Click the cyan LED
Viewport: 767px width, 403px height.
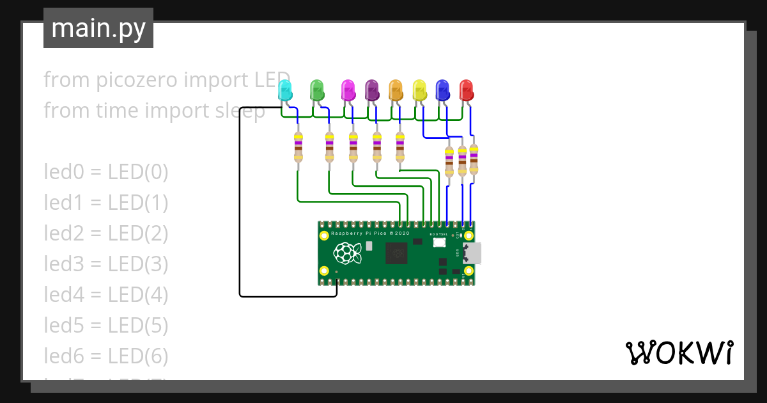click(x=285, y=90)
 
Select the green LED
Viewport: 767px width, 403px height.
click(x=316, y=90)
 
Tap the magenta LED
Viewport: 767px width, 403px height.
click(x=348, y=90)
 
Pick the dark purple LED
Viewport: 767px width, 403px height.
click(x=371, y=90)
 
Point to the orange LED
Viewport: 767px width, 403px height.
click(x=396, y=90)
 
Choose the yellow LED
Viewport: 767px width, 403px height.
click(x=419, y=90)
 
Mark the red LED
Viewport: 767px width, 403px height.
click(x=466, y=90)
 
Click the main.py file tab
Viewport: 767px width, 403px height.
click(x=98, y=28)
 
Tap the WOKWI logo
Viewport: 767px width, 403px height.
click(x=679, y=352)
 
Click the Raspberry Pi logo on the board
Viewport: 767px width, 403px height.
click(x=345, y=254)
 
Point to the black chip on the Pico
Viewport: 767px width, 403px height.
click(x=397, y=253)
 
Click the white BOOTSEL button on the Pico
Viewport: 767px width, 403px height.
click(x=439, y=244)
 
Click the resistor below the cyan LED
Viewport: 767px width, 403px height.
click(x=298, y=147)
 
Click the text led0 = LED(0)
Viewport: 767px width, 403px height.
click(x=106, y=172)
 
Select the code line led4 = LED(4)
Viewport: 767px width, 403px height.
click(x=106, y=295)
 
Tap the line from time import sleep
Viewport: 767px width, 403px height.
click(x=154, y=111)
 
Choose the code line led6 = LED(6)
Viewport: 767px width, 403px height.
click(x=106, y=356)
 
